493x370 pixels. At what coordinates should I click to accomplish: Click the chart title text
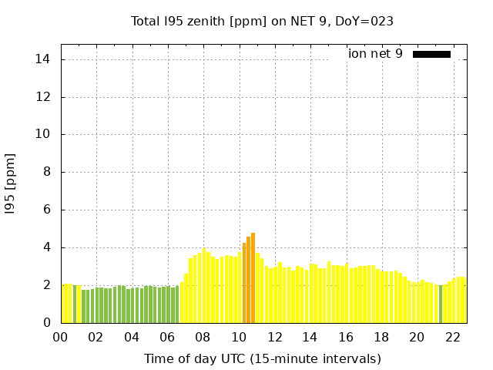click(x=262, y=22)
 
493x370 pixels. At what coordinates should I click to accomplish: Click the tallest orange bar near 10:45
click(x=253, y=277)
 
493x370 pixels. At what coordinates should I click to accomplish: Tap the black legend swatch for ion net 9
click(x=431, y=54)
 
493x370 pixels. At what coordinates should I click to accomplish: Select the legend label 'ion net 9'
click(x=375, y=54)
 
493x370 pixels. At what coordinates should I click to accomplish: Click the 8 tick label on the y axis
click(x=46, y=172)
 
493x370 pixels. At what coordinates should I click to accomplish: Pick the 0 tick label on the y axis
click(x=46, y=323)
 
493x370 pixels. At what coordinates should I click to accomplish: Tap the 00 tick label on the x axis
click(x=60, y=337)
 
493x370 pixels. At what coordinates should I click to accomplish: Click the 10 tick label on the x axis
click(x=239, y=337)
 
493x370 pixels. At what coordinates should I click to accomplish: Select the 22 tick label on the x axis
click(x=452, y=337)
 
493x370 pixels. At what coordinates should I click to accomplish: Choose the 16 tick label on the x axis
click(x=346, y=337)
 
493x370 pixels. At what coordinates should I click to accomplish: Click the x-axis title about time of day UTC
click(x=262, y=358)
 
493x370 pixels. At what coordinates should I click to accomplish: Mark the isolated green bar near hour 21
click(x=441, y=304)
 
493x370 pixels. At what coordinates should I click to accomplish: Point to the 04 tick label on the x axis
click(x=132, y=337)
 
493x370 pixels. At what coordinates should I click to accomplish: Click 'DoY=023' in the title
click(x=366, y=22)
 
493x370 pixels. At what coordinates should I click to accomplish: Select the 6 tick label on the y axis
click(x=46, y=210)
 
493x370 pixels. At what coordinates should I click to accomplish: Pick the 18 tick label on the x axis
click(x=381, y=337)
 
